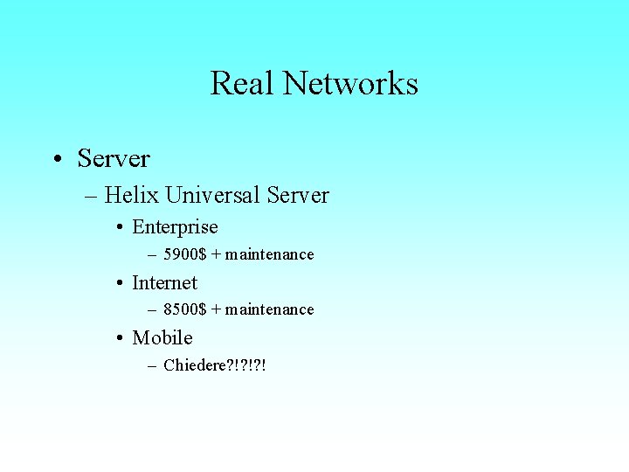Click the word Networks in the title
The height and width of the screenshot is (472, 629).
(350, 84)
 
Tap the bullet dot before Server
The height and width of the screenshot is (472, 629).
(56, 160)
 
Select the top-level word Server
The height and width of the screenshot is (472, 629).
(114, 159)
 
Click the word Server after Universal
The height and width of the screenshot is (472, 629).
(298, 195)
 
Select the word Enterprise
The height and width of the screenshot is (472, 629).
(175, 227)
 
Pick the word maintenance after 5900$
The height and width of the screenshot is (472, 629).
(270, 254)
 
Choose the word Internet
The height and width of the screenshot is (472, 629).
(164, 282)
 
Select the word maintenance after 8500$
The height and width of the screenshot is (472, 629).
(270, 309)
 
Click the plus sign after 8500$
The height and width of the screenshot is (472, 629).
(216, 309)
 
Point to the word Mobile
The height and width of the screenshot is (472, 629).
(162, 337)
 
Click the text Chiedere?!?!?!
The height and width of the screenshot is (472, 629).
(214, 364)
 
